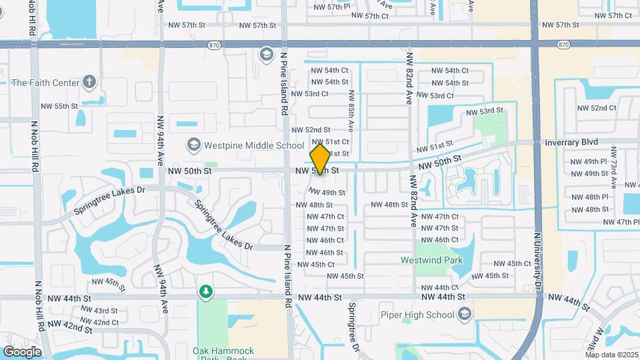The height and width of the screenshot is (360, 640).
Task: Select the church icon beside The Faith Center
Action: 90,83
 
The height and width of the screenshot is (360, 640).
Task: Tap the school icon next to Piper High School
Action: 463,314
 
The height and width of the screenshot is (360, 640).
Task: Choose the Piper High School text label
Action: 427,314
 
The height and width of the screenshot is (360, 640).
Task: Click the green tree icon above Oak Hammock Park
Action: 206,292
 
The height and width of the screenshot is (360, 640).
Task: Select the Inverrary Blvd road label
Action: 571,142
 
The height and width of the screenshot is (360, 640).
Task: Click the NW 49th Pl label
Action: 586,161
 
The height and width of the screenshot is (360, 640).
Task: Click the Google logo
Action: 22,352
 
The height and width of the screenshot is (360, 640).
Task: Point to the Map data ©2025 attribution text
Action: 611,355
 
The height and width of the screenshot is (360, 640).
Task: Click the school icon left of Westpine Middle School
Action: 193,145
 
